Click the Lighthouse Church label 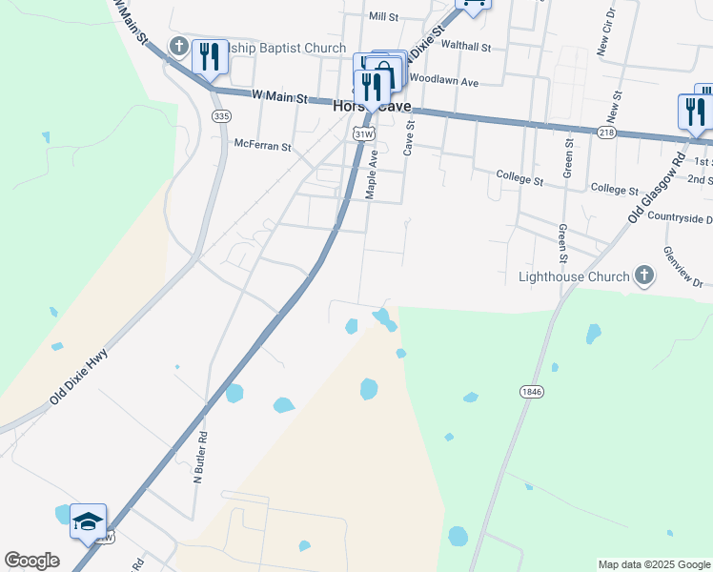(x=573, y=277)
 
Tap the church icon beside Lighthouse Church (x=644, y=276)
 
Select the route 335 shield (x=221, y=116)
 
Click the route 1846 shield (x=532, y=392)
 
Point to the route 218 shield (x=606, y=133)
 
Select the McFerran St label (x=262, y=144)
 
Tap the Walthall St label (x=465, y=46)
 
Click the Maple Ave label (x=373, y=174)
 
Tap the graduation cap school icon (x=88, y=521)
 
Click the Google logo (x=31, y=561)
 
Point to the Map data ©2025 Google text (x=653, y=564)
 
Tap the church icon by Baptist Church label (x=178, y=46)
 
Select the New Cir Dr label (x=603, y=35)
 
